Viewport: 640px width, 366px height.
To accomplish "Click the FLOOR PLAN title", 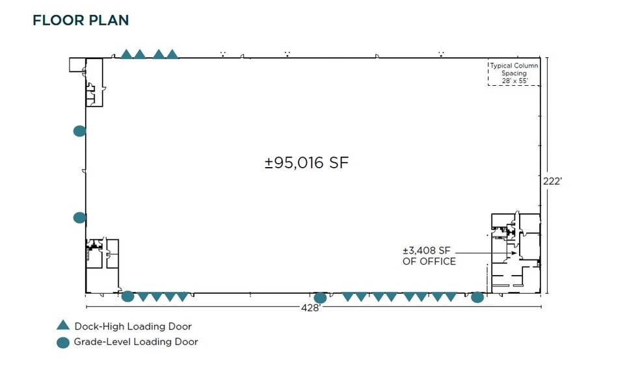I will point(81,20).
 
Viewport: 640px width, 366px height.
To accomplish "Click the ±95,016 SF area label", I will point(306,163).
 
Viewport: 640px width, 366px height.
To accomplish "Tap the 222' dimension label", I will point(552,182).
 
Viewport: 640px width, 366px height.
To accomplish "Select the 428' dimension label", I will point(311,307).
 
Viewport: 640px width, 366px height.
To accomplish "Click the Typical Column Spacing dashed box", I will point(513,73).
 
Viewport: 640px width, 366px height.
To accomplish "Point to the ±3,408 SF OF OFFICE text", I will point(429,256).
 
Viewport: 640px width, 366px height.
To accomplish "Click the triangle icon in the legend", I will point(62,326).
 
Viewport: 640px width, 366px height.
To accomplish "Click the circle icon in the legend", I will point(62,342).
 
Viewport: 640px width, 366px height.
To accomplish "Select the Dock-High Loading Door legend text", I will point(133,326).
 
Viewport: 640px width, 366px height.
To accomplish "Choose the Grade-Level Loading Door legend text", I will point(136,342).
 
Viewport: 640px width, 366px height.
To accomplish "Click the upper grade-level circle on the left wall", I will point(79,131).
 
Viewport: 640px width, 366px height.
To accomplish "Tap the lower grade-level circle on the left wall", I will point(79,218).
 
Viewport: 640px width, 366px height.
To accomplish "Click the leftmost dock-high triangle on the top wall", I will point(126,55).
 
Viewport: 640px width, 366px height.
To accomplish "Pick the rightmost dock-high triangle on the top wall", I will point(172,55).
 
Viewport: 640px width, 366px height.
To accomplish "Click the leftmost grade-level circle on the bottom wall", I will point(128,297).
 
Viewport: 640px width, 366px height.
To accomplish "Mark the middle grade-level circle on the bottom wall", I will point(320,298).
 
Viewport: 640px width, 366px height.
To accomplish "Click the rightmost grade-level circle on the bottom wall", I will point(477,297).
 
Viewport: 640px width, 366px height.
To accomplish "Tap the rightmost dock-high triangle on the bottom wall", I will point(450,297).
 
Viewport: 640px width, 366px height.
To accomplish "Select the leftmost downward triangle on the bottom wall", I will point(142,297).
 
